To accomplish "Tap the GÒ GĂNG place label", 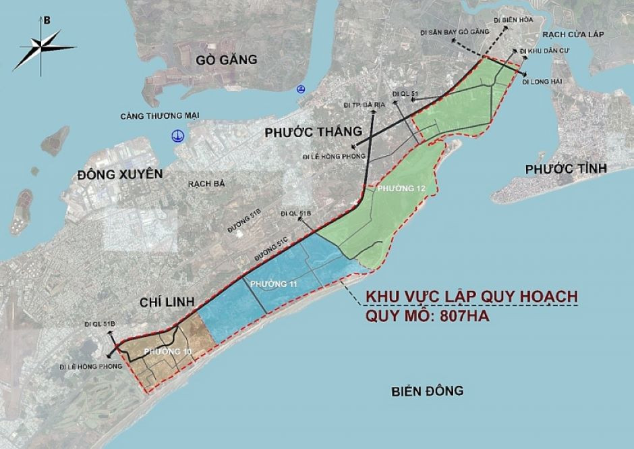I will (227, 59).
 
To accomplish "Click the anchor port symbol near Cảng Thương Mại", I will (177, 135).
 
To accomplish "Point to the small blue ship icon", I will (299, 88).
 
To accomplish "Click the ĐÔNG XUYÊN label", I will (121, 174).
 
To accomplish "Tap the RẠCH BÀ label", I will (206, 183).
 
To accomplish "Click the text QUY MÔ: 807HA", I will (427, 315).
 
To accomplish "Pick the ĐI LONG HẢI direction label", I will (544, 82).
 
